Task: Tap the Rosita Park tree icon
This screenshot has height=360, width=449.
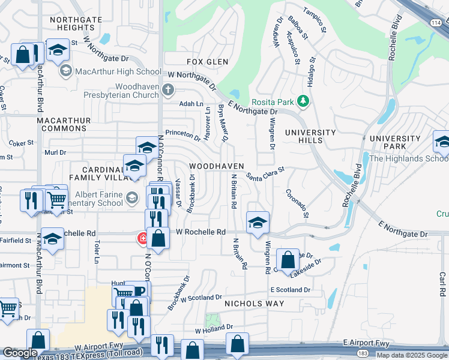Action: tap(304, 101)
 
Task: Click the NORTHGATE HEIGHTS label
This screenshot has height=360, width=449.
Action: tap(80, 23)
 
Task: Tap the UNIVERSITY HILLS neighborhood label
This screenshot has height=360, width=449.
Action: tap(310, 136)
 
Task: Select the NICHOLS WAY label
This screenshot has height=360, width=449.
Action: tap(254, 304)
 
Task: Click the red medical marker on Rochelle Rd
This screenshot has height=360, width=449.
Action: tap(142, 239)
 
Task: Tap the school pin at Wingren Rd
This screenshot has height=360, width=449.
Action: tap(258, 223)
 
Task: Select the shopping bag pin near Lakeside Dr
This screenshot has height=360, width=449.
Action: tap(288, 260)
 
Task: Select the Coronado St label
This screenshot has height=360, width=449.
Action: tap(297, 203)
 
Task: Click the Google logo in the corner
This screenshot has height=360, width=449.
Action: tap(20, 353)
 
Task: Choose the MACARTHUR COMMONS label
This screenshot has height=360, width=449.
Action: tap(64, 125)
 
